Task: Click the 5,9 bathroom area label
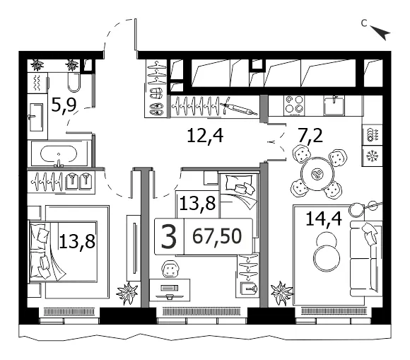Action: [64, 105]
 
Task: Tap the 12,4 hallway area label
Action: [205, 136]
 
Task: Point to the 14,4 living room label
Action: [324, 219]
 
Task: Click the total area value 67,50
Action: [217, 236]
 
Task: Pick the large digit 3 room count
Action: [169, 237]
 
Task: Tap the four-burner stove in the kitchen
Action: [294, 105]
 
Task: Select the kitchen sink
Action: [334, 105]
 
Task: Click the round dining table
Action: [317, 174]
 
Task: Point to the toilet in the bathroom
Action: [74, 82]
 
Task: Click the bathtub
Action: [59, 154]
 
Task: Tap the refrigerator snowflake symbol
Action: [372, 156]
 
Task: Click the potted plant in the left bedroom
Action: [127, 293]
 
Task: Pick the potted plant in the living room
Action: [282, 293]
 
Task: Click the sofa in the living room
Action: [366, 258]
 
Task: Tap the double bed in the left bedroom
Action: [64, 252]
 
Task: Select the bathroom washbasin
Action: [36, 117]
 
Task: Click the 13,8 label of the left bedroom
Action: [77, 241]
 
